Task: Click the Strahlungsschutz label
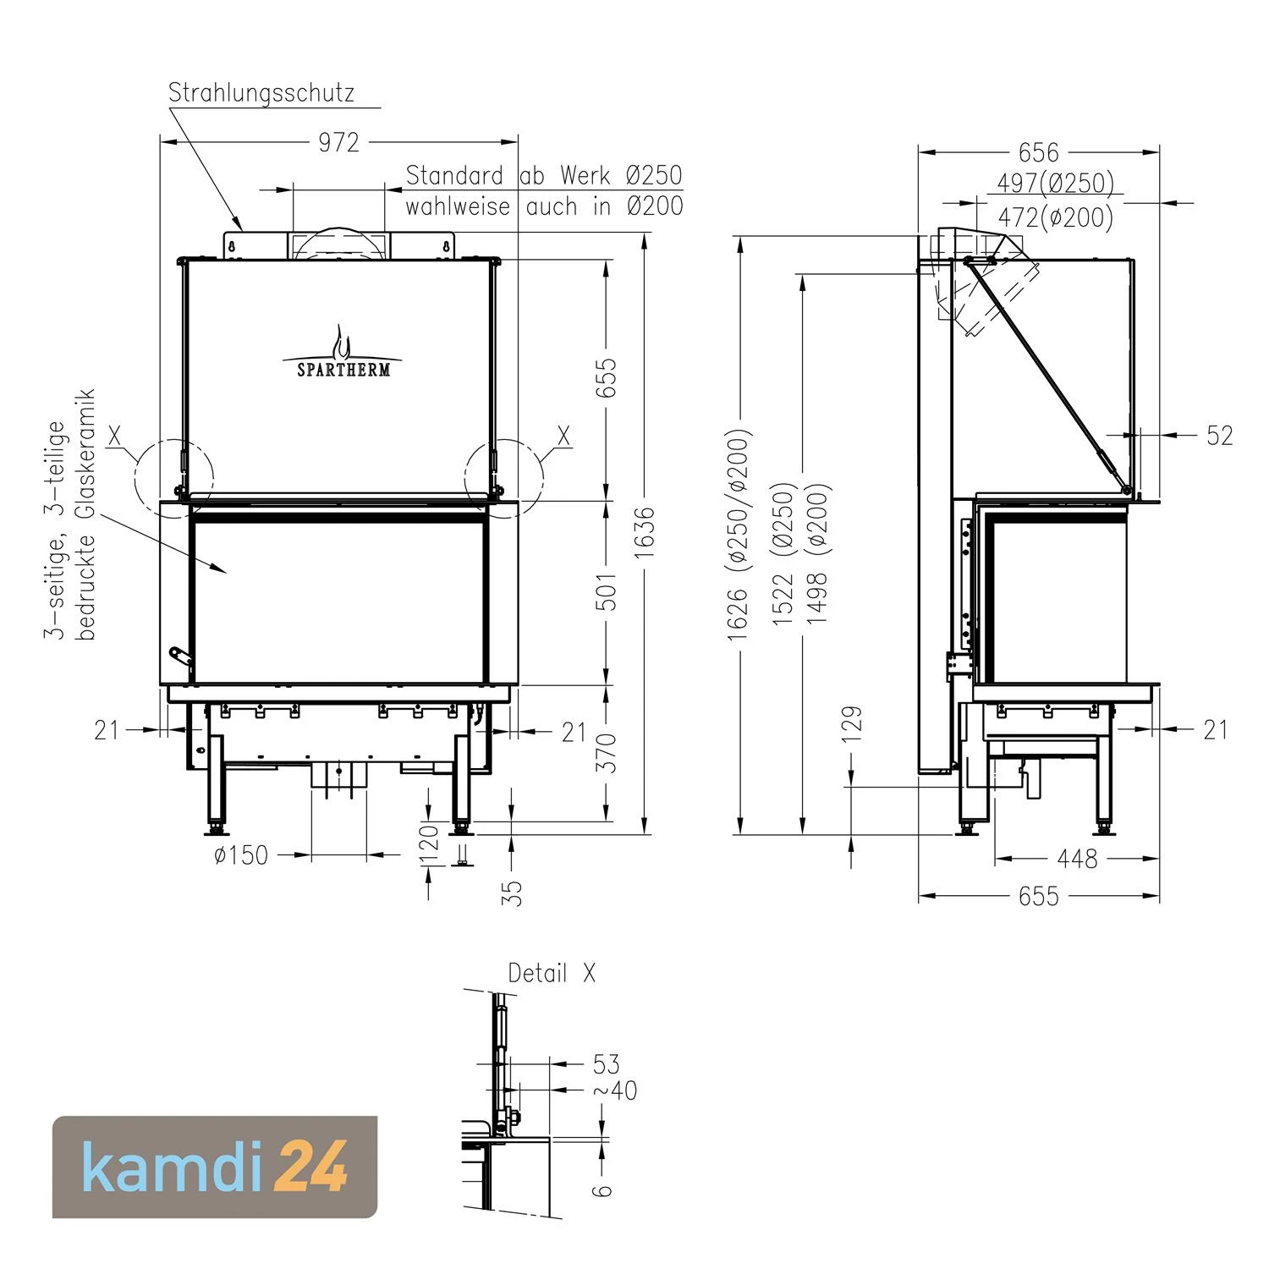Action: pyautogui.click(x=261, y=92)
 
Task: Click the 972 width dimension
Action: pyautogui.click(x=338, y=142)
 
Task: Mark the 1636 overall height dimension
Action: pyautogui.click(x=645, y=532)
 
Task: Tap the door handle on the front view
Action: pyautogui.click(x=180, y=656)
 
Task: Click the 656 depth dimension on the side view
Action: pyautogui.click(x=1038, y=152)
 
